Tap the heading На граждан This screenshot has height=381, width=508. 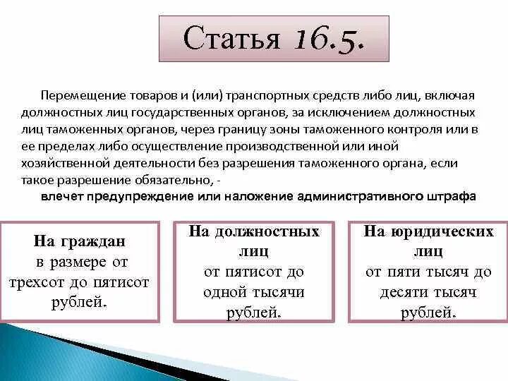79,242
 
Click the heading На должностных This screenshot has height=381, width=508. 253,231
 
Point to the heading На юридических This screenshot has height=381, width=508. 428,231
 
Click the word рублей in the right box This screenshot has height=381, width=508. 428,313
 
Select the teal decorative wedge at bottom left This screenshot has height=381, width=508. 42,353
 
